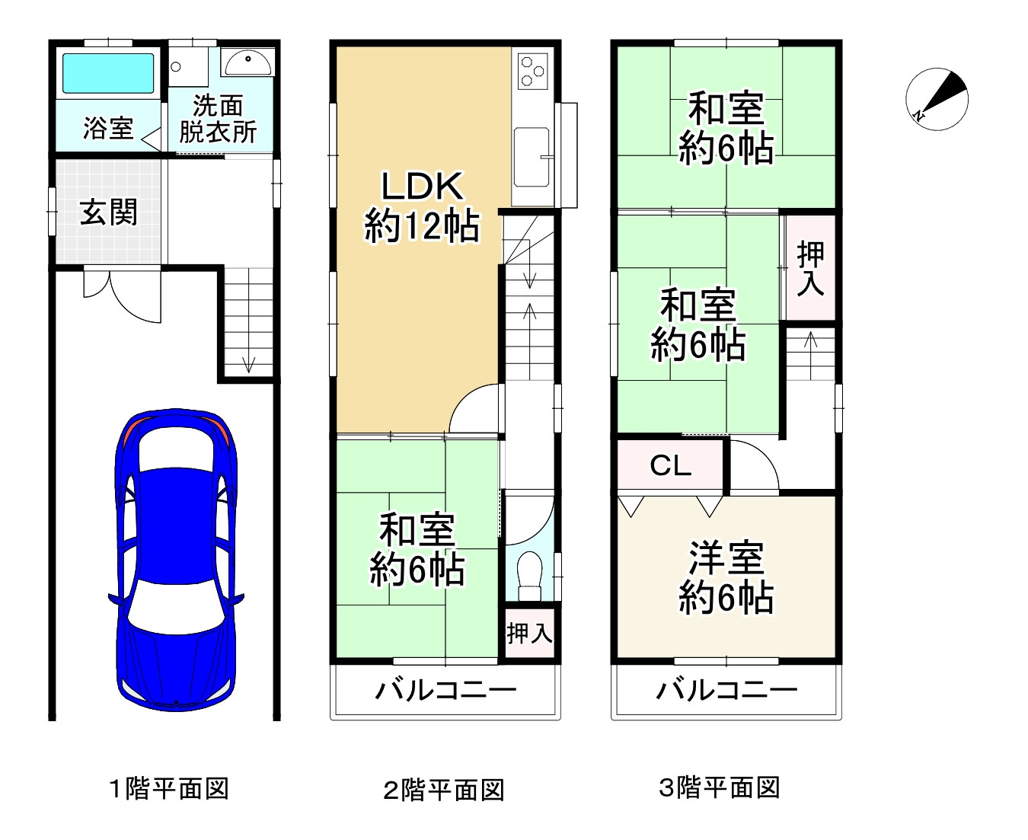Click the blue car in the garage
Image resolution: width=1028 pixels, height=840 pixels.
point(176,560)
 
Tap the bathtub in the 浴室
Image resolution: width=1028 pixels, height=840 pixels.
point(107,74)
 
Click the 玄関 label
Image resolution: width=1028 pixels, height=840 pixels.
point(109,212)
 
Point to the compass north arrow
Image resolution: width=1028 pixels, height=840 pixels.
point(937,99)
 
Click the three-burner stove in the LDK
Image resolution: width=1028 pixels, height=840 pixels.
point(532,70)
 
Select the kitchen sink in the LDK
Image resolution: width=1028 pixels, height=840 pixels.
point(532,157)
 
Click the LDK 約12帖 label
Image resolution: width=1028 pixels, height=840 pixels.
point(422,206)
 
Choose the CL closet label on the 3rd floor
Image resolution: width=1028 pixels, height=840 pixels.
point(670,465)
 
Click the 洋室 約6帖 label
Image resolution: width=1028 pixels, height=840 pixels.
point(726,578)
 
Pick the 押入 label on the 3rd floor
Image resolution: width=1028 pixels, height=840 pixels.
point(810,268)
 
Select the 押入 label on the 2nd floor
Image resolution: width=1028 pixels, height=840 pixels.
point(529,632)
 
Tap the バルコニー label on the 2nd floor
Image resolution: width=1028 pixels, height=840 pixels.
point(445,691)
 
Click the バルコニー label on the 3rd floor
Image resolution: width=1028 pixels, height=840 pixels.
point(726,691)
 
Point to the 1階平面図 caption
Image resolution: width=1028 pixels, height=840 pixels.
point(168,788)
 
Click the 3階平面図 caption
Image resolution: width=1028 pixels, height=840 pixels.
point(719,787)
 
